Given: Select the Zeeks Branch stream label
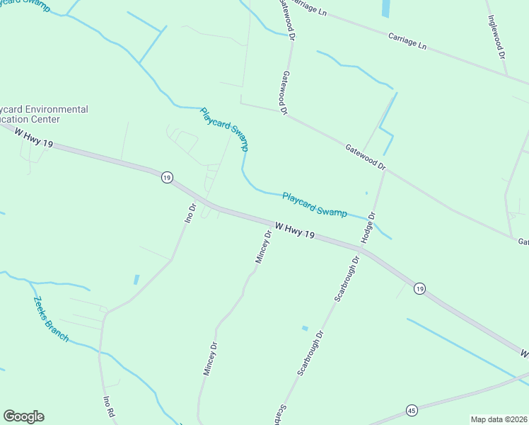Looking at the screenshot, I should pos(51,318).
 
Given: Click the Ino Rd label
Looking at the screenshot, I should pos(108,409).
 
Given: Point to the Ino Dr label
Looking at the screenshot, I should pos(189,214).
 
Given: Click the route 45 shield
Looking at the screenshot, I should pos(412,410).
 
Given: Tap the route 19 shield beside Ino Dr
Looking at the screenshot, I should pos(166,178).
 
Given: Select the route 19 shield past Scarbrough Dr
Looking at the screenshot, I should pos(420,288).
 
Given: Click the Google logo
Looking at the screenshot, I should pos(23,416).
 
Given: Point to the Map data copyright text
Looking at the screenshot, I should pos(499,419).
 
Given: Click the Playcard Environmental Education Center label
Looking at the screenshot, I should pos(44,115).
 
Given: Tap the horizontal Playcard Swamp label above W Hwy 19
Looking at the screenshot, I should pos(314,204).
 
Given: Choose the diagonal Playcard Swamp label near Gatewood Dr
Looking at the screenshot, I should pos(224,129).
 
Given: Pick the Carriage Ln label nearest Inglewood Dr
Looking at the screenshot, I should pos(407,40).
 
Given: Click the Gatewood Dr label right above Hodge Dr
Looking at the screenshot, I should pos(365,157).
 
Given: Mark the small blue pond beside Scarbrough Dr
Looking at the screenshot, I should pos(305,328).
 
